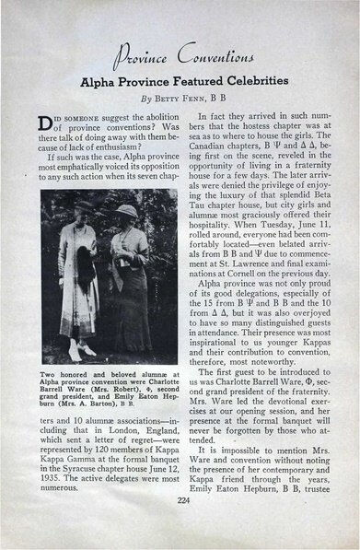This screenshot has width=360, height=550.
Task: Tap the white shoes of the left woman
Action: tap(75, 351)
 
